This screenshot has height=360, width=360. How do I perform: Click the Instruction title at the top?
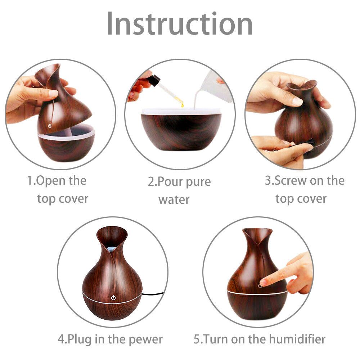tap(180, 23)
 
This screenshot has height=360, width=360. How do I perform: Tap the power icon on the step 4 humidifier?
tap(113, 298)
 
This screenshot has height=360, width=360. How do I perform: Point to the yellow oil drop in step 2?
tap(182, 105)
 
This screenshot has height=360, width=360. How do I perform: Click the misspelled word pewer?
tap(145, 339)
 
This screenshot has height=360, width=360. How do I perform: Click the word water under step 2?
tap(174, 199)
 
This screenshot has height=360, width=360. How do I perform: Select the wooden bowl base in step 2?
tap(181, 131)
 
